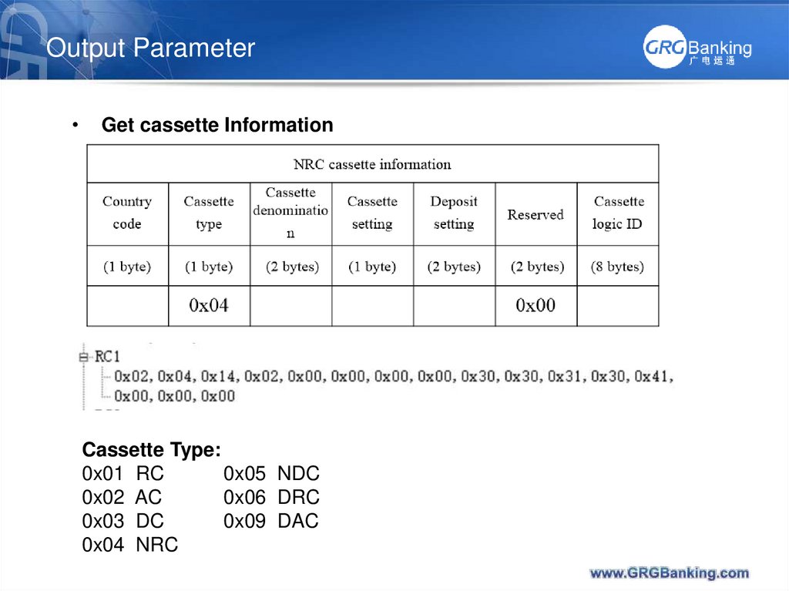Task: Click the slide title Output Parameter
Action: point(150,48)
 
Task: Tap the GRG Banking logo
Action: point(697,49)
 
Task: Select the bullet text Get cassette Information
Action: point(217,125)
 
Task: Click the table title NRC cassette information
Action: point(372,164)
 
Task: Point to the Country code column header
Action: point(127,213)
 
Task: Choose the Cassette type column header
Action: point(209,213)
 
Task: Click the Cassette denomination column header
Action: point(290,212)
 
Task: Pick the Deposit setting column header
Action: point(454,213)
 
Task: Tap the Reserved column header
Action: point(536,215)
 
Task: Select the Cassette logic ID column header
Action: point(618,213)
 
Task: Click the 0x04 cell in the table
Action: point(209,306)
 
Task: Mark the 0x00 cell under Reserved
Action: point(536,306)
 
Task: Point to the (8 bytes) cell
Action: point(617,267)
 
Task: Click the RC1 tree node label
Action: point(107,357)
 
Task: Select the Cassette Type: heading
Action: point(152,450)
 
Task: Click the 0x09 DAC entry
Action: point(271,522)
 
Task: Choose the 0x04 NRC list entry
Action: point(130,546)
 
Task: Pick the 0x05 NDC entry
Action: point(271,474)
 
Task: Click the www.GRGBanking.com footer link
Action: point(669,573)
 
